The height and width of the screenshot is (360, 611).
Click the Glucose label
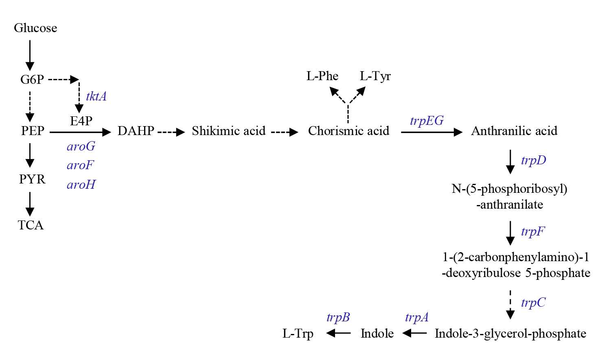pos(35,28)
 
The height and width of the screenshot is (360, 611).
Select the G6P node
pos(32,79)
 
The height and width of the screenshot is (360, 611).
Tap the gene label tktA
pos(96,96)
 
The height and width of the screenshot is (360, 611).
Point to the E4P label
pos(81,121)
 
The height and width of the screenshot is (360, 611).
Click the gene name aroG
pos(81,146)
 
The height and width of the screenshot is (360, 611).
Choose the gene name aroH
pos(81,185)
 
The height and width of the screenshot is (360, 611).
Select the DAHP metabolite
pos(136,131)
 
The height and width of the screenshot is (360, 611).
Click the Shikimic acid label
pos(228,131)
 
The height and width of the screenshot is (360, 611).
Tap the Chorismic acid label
pos(348,131)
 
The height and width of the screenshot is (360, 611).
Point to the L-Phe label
pos(322,76)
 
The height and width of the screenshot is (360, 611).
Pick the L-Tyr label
pos(375,76)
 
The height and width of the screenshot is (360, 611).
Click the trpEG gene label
pos(427,121)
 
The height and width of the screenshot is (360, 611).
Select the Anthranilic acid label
pos(514,131)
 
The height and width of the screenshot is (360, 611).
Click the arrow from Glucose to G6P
pos(30,55)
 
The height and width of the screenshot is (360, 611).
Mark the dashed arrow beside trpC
pos(510,304)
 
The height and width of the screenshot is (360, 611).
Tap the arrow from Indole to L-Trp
pos(338,334)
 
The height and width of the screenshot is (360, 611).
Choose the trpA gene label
pos(416,317)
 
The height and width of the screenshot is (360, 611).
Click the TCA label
pos(31,225)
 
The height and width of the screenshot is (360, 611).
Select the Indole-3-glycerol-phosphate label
pos(510,334)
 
